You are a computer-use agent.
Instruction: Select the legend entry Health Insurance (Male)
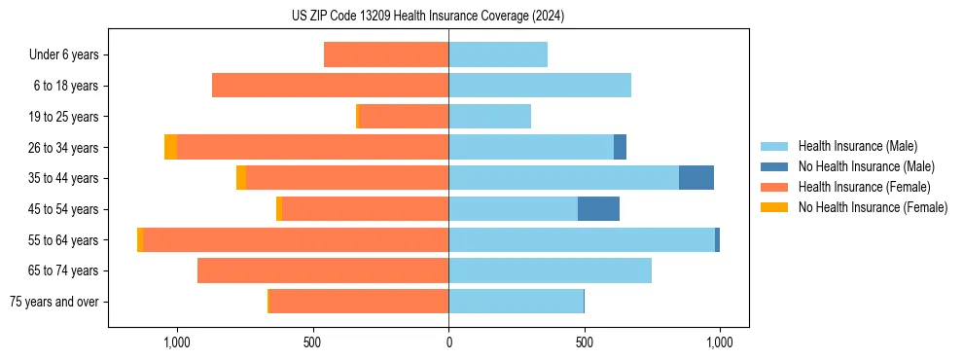click(x=857, y=146)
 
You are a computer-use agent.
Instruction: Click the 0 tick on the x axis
click(x=448, y=342)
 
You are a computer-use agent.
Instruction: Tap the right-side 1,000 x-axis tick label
click(x=720, y=342)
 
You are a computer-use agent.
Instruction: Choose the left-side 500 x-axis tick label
click(x=312, y=342)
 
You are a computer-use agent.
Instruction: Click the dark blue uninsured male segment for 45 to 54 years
click(x=598, y=209)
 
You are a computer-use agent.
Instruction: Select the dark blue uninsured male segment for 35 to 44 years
click(x=696, y=178)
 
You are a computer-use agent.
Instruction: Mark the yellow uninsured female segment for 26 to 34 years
click(x=170, y=147)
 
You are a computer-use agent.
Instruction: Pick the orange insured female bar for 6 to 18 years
click(x=330, y=86)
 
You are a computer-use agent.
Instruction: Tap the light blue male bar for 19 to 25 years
click(x=489, y=117)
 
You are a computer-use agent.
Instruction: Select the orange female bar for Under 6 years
click(x=386, y=55)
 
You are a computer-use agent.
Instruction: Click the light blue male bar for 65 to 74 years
click(x=550, y=270)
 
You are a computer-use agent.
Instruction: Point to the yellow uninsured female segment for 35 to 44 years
click(x=241, y=178)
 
